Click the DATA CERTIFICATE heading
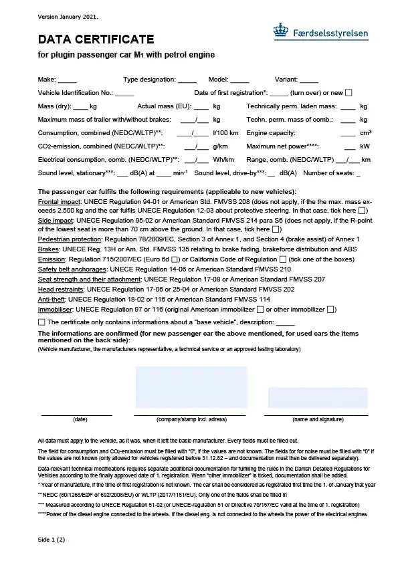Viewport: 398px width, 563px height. [96, 39]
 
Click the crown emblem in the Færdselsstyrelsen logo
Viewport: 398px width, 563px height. [280, 30]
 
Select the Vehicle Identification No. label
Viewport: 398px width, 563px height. [76, 92]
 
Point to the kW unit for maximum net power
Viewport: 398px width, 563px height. [365, 146]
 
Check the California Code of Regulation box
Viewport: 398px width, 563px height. [282, 259]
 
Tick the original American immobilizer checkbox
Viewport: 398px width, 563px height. [260, 310]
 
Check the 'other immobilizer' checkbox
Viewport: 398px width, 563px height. [330, 310]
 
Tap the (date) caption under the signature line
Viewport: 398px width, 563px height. [80, 419]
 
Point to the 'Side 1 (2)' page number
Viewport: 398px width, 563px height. [52, 538]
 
